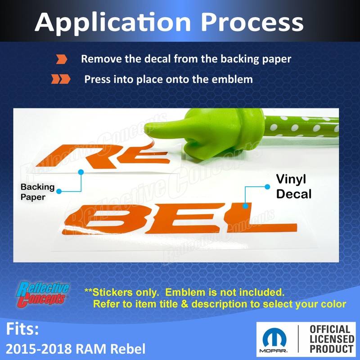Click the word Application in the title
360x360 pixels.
click(x=113, y=23)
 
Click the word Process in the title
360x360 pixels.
click(x=252, y=22)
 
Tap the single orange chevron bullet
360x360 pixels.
click(x=62, y=59)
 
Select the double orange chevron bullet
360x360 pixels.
click(x=61, y=79)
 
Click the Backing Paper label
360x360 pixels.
click(x=37, y=192)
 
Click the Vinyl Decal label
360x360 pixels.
click(x=294, y=186)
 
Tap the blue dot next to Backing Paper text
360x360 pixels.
click(x=59, y=191)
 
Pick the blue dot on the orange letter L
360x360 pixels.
click(x=245, y=206)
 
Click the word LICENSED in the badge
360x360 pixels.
click(x=332, y=339)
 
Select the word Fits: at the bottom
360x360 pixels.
click(x=22, y=329)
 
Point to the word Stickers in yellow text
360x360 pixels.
click(x=112, y=292)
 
